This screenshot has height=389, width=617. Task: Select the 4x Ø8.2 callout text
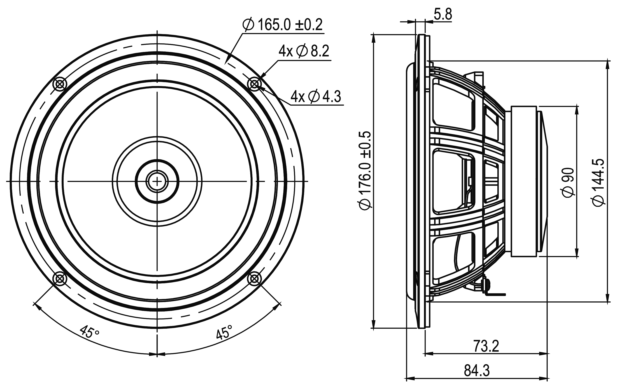(x=304, y=51)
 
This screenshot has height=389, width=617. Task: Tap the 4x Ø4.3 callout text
(x=316, y=97)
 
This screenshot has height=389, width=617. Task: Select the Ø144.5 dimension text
(x=598, y=182)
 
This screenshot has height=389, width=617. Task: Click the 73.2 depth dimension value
(x=486, y=346)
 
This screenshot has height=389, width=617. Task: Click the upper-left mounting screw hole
(x=60, y=84)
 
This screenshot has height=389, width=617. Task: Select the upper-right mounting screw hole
(x=254, y=84)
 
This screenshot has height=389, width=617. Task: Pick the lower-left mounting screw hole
(x=60, y=278)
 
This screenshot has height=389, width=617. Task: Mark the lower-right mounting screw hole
(x=254, y=278)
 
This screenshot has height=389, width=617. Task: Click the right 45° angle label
(x=224, y=332)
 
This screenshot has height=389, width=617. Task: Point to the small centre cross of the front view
(x=157, y=181)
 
